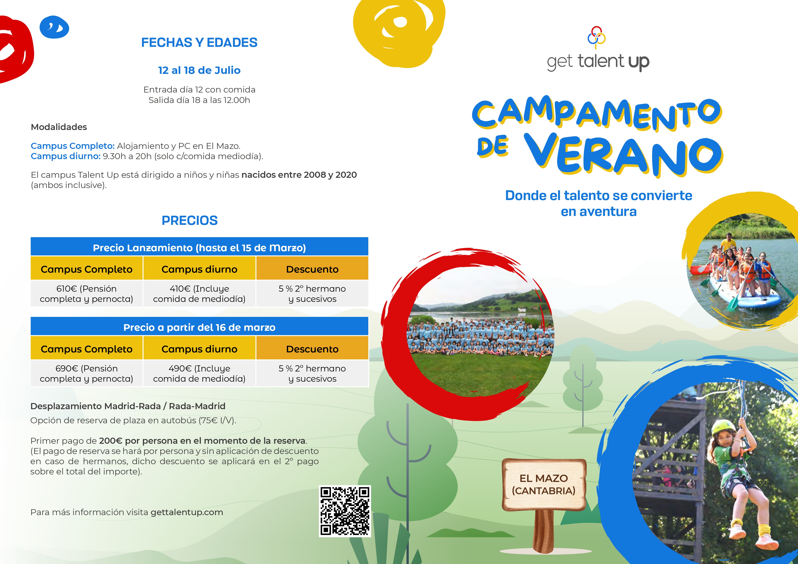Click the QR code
[x=345, y=511]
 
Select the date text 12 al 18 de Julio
[x=199, y=70]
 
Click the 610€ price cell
[x=86, y=293]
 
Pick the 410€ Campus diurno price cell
[x=199, y=293]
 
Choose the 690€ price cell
[x=86, y=373]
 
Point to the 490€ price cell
[x=199, y=373]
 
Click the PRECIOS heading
[x=190, y=221]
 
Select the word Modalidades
[x=59, y=127]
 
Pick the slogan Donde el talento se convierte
[x=598, y=196]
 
